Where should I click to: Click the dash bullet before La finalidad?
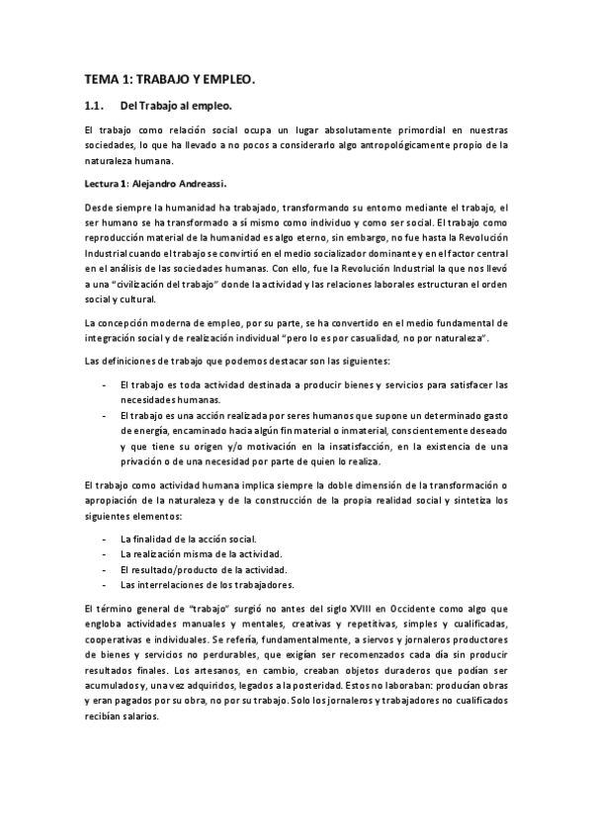coord(104,540)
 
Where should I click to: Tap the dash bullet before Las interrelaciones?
coord(104,587)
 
